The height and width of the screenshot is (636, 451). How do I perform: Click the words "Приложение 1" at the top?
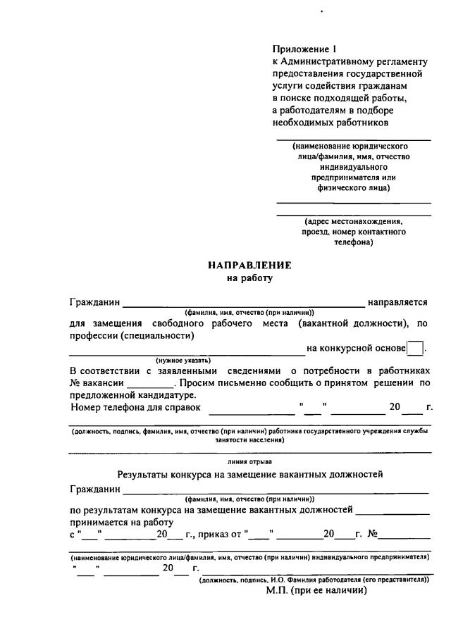tap(300, 49)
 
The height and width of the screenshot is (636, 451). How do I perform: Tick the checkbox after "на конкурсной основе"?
tap(416, 348)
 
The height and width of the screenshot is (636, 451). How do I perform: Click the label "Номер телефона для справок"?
tap(136, 406)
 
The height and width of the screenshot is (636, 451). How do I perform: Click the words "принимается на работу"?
tap(122, 521)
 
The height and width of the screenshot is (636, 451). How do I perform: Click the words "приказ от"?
tap(221, 534)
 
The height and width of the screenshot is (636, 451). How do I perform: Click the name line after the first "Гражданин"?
tap(244, 303)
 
